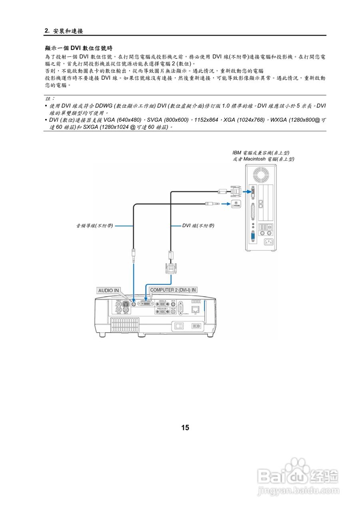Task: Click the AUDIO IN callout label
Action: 109,291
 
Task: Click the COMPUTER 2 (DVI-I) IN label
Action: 173,290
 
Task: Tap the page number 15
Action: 185,428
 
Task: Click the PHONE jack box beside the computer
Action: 236,204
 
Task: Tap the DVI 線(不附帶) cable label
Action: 198,226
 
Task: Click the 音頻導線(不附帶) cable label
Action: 95,226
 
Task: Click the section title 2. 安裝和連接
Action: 64,31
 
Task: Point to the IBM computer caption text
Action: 263,156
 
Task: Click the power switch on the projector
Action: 179,326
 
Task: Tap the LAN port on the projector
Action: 195,309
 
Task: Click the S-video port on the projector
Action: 125,304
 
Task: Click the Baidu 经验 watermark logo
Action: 298,477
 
